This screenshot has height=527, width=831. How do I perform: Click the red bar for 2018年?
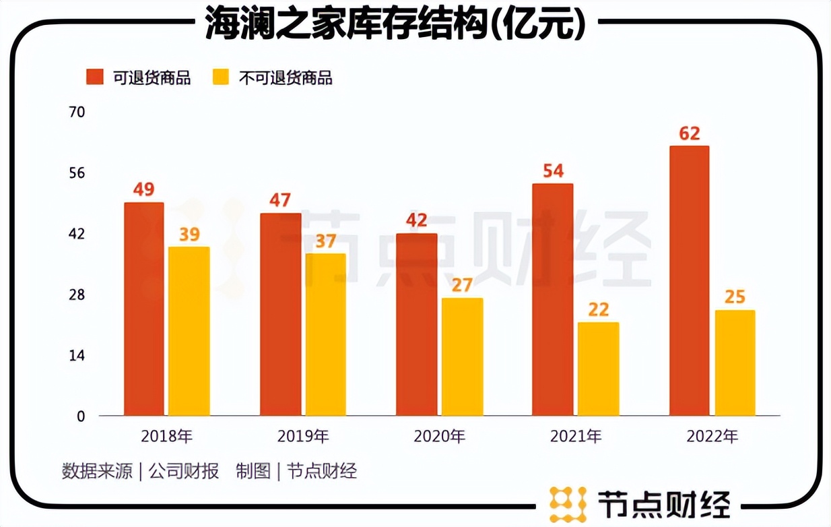click(143, 309)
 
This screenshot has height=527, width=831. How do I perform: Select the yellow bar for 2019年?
click(325, 334)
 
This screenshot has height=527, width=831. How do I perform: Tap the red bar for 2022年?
click(689, 280)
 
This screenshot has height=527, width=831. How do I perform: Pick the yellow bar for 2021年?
click(598, 369)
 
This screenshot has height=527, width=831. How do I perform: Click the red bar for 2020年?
click(416, 324)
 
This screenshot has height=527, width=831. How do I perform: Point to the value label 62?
click(689, 133)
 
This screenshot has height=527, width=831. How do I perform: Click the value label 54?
click(552, 171)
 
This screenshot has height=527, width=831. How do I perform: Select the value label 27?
click(461, 284)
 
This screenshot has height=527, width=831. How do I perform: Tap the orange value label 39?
click(189, 234)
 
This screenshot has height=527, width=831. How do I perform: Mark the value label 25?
click(735, 297)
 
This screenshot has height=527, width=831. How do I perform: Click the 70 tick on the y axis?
click(77, 112)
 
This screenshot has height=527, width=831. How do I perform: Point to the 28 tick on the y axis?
click(77, 295)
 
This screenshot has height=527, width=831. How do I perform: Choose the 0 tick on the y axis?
click(81, 416)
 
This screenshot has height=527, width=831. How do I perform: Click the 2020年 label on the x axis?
click(439, 437)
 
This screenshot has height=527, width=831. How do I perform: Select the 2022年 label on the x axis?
click(712, 437)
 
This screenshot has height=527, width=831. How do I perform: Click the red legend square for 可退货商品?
click(95, 77)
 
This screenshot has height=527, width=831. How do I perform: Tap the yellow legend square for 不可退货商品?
click(221, 77)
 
